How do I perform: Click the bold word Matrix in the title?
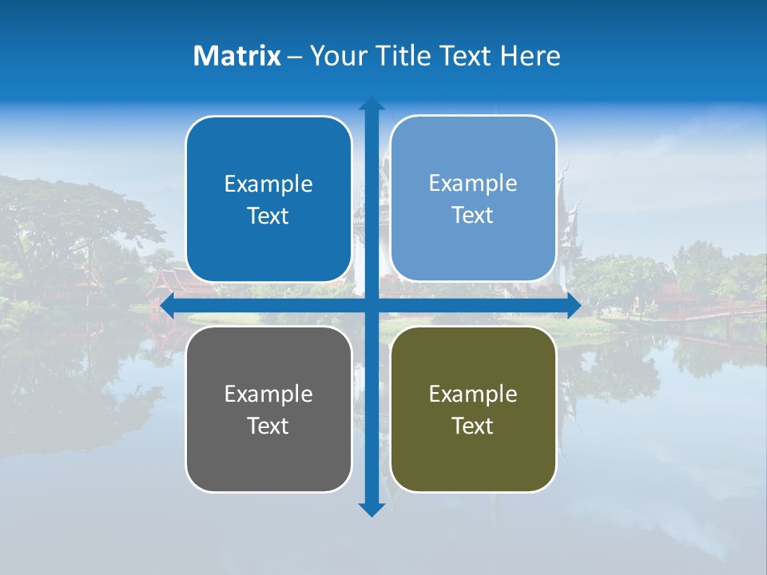(x=237, y=56)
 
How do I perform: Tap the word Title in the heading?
(x=403, y=56)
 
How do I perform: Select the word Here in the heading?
(x=530, y=56)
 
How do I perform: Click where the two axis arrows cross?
(x=372, y=305)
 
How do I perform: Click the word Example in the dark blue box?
(x=268, y=184)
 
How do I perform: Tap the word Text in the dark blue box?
(x=268, y=216)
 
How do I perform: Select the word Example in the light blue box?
(x=473, y=184)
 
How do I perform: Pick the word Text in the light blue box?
(x=473, y=216)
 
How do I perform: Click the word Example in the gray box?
(x=268, y=394)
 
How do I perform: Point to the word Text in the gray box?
(x=268, y=426)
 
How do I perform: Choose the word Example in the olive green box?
(x=473, y=394)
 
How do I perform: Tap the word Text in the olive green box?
(x=473, y=426)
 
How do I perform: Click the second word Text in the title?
(x=465, y=56)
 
